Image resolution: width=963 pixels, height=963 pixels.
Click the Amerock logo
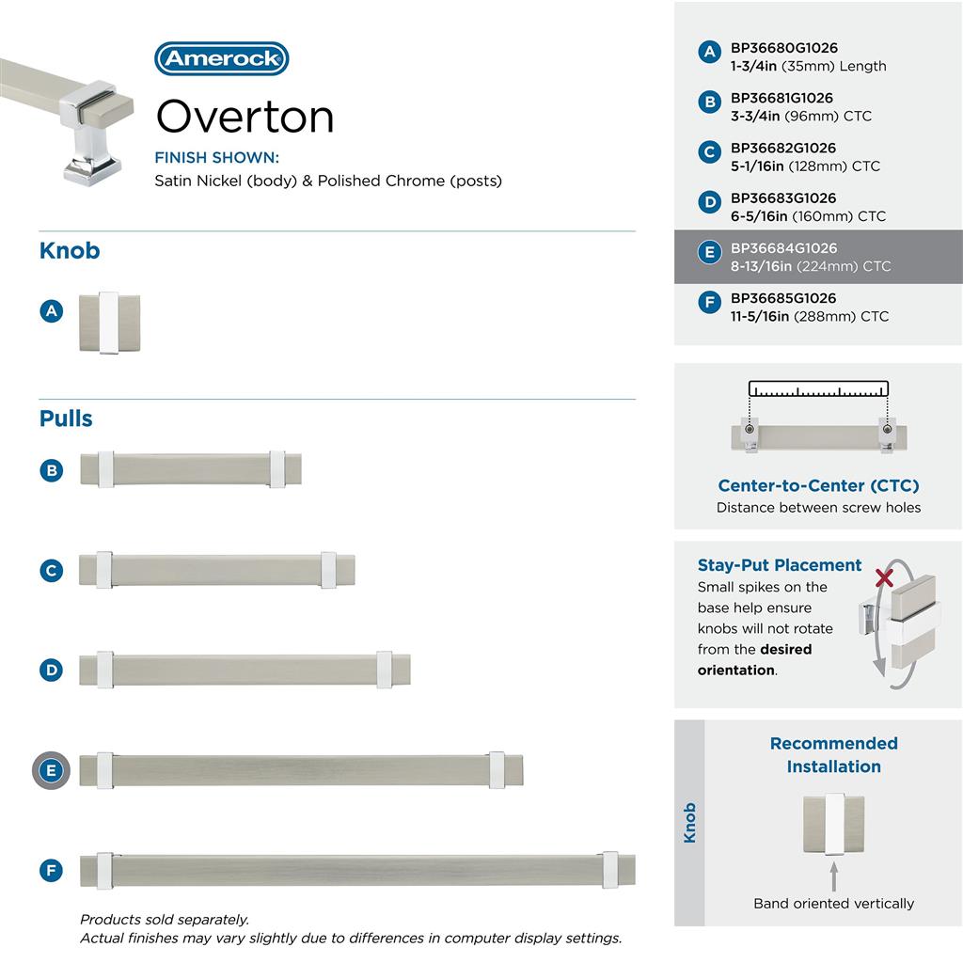[221, 58]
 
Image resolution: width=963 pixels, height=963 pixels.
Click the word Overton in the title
[245, 117]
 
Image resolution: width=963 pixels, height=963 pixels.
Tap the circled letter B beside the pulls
[52, 470]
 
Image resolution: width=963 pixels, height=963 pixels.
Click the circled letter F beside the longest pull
[52, 870]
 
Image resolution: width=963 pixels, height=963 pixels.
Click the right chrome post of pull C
[328, 570]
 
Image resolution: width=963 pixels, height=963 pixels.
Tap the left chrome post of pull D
[104, 669]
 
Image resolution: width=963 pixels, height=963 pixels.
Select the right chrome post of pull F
[610, 870]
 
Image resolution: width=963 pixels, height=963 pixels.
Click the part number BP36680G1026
[784, 48]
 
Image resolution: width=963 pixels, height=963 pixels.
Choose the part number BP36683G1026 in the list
[784, 198]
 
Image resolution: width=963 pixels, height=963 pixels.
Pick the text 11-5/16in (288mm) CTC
[809, 316]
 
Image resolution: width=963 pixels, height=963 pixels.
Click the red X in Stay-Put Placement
[884, 576]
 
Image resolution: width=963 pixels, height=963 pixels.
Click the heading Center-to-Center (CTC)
[818, 485]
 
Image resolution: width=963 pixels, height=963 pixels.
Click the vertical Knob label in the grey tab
[689, 823]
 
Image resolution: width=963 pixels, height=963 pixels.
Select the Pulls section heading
[66, 418]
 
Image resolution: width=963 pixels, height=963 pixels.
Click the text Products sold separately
[165, 920]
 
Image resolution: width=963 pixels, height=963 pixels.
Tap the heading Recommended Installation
[833, 755]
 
